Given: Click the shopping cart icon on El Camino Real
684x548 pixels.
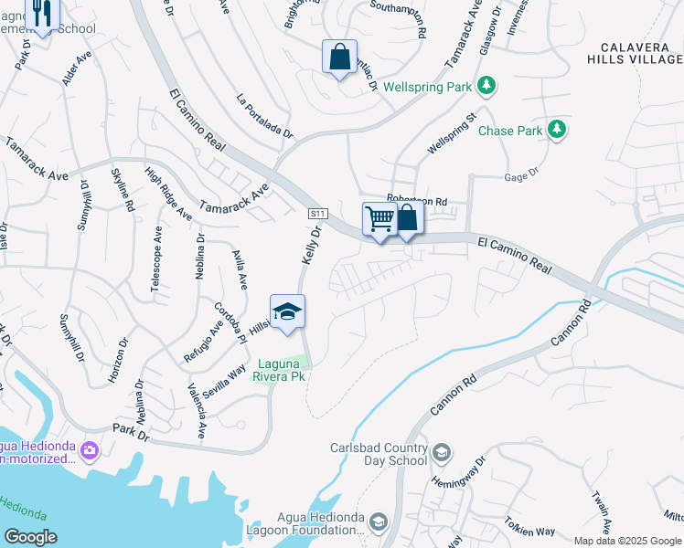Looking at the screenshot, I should click(379, 219).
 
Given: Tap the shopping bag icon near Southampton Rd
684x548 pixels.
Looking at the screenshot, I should click(340, 57).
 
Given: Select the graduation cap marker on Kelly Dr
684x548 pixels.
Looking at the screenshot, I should click(287, 312).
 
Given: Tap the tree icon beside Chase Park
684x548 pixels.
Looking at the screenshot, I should click(555, 131).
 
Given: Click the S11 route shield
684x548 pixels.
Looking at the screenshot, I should click(317, 213).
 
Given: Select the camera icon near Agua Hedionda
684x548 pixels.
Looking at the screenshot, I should click(90, 450).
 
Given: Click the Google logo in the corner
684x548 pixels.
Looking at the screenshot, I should click(30, 537).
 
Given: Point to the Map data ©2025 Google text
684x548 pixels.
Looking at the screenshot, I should click(627, 541).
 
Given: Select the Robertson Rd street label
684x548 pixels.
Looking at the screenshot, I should click(416, 200).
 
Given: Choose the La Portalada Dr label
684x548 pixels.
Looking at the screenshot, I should click(264, 116).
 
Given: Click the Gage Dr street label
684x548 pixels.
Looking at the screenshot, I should click(521, 171).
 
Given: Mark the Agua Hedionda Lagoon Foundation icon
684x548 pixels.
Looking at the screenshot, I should click(379, 521).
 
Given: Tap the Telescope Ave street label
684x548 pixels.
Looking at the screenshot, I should click(156, 258).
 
